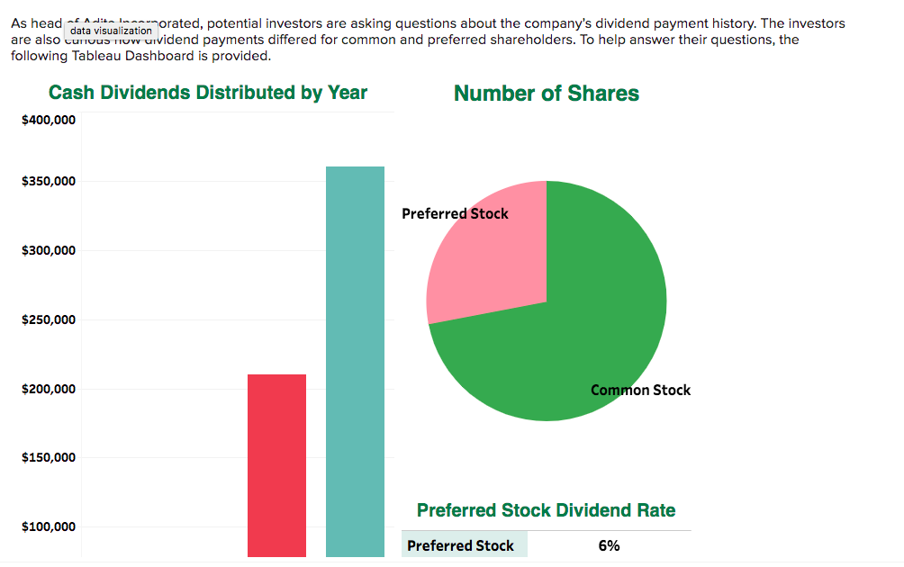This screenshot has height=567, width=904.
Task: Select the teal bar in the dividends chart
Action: (355, 360)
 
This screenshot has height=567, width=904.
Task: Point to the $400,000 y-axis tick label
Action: (49, 120)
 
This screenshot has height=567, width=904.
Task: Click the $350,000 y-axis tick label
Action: (49, 182)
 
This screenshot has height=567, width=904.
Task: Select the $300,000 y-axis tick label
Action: (49, 250)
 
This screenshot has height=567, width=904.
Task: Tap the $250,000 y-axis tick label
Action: (49, 319)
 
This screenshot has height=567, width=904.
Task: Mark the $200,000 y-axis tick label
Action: (49, 389)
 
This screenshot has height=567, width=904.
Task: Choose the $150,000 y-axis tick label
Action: (49, 457)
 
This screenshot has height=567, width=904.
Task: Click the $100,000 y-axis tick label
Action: (49, 526)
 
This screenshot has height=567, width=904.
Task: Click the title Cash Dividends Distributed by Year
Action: (208, 93)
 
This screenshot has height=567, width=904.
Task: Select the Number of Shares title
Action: (547, 94)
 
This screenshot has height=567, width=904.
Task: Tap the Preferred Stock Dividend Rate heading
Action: (546, 510)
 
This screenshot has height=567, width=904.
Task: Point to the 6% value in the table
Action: (609, 545)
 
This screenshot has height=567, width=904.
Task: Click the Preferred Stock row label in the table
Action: (460, 545)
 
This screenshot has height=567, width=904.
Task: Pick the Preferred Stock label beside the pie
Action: (455, 213)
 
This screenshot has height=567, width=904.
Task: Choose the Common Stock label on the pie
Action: (640, 390)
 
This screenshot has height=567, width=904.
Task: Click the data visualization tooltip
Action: (111, 31)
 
